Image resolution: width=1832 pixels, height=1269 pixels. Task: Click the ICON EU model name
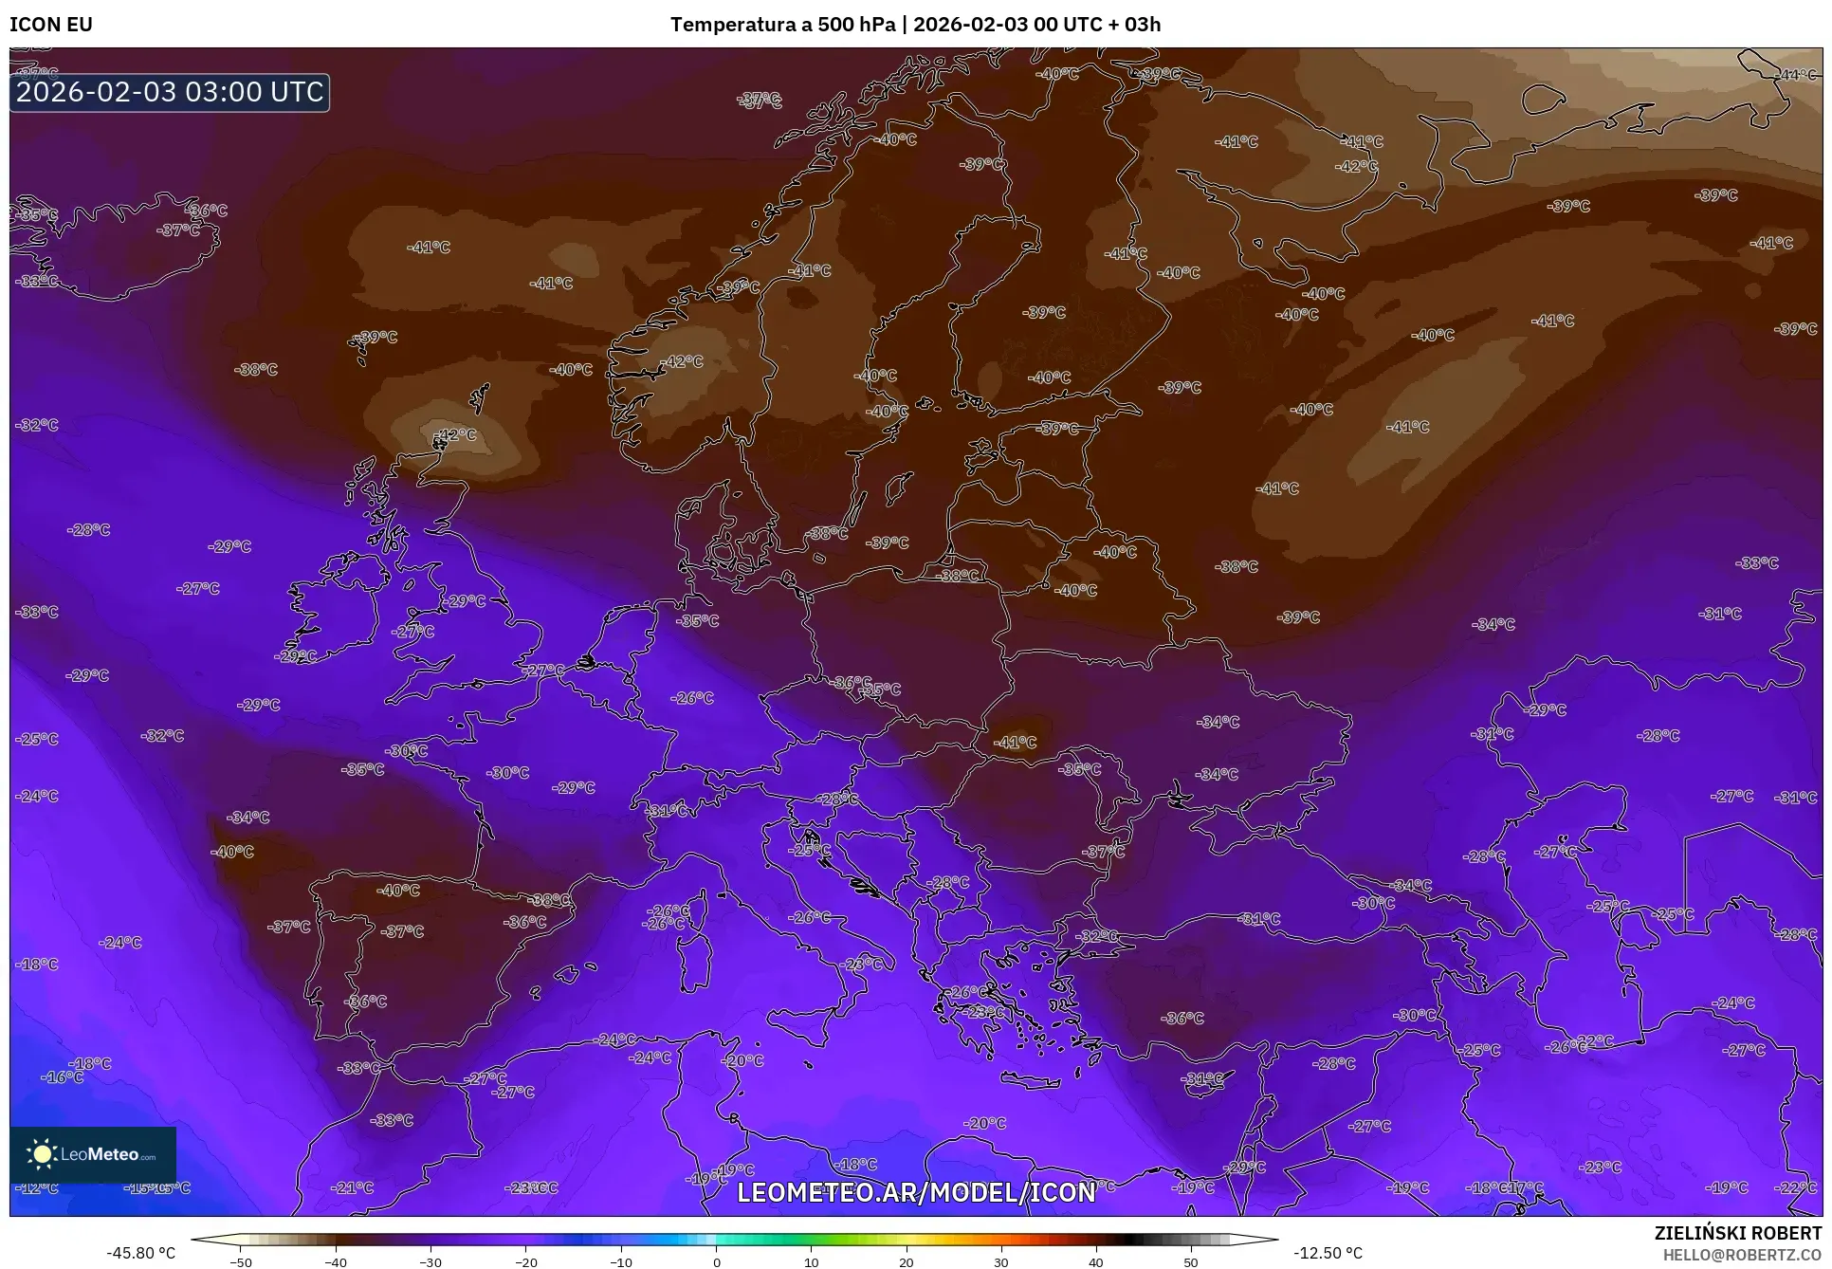[x=51, y=25]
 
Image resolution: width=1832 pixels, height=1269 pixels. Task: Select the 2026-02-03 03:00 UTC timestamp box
[x=170, y=92]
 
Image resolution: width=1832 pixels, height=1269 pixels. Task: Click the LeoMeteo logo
[x=93, y=1154]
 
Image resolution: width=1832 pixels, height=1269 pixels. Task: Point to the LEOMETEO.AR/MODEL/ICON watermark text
[x=916, y=1192]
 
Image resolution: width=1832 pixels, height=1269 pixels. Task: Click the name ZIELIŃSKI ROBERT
[x=1737, y=1233]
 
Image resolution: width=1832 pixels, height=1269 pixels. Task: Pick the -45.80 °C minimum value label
[x=140, y=1253]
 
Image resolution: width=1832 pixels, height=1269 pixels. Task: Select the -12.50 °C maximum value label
[x=1328, y=1253]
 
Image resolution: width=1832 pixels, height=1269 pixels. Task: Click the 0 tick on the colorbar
[x=716, y=1262]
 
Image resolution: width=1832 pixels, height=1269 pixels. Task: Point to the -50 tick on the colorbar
[x=241, y=1262]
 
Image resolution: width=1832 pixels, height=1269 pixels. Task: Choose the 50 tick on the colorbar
[x=1191, y=1262]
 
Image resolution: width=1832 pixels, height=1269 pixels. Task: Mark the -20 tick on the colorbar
[x=526, y=1262]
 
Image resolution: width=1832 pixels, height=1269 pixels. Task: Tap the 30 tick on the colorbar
[x=1001, y=1262]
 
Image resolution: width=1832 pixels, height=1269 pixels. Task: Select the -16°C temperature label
[x=63, y=1077]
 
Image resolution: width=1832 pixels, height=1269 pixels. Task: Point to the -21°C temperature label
[x=353, y=1187]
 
